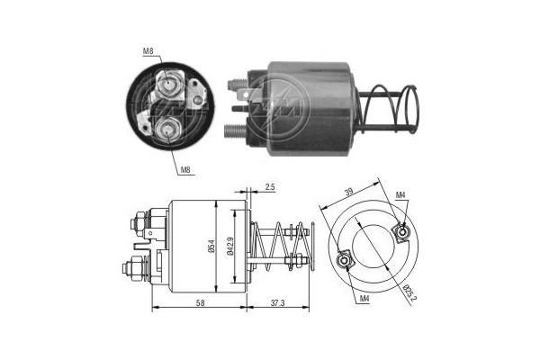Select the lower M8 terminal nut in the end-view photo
point(167,132)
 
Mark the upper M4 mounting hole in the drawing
point(402,233)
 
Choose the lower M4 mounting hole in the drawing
point(344,263)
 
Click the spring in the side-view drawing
point(281,247)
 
